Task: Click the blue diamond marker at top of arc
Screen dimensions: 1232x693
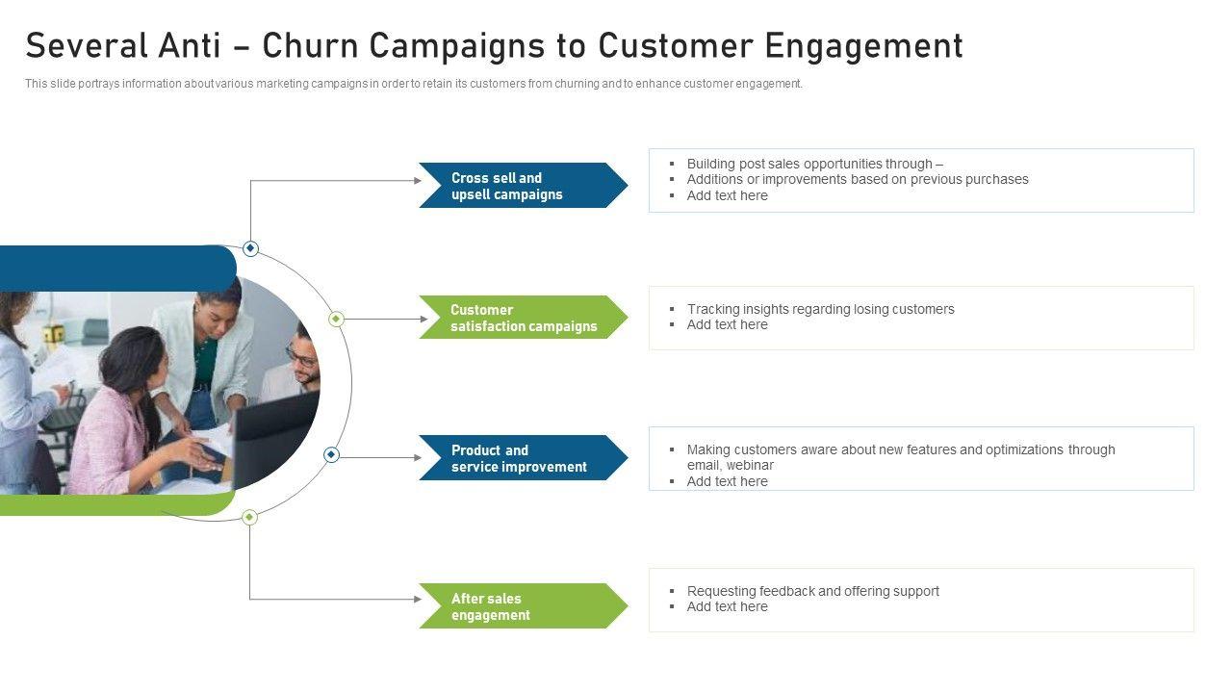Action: pyautogui.click(x=250, y=248)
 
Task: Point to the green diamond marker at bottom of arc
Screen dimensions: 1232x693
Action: pyautogui.click(x=249, y=517)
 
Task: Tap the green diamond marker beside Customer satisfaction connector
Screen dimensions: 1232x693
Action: pyautogui.click(x=336, y=319)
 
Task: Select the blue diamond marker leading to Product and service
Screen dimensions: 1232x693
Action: pyautogui.click(x=331, y=454)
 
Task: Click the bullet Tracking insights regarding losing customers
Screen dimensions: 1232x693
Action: pyautogui.click(x=820, y=309)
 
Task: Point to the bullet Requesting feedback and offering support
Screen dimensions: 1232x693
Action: pyautogui.click(x=812, y=591)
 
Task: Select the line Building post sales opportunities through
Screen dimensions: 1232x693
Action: pyautogui.click(x=814, y=164)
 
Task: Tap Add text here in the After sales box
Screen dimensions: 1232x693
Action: pyautogui.click(x=727, y=606)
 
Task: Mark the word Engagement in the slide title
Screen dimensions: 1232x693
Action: pyautogui.click(x=863, y=46)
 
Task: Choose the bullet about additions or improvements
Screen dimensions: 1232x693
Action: pyautogui.click(x=857, y=179)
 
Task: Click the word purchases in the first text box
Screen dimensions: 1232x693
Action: pyautogui.click(x=996, y=179)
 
